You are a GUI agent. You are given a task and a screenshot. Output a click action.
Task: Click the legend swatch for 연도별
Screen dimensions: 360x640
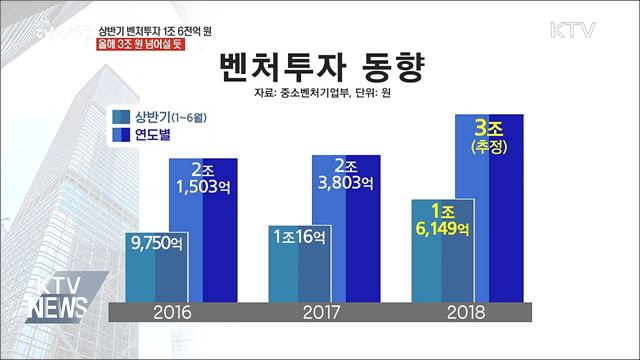pyautogui.click(x=124, y=138)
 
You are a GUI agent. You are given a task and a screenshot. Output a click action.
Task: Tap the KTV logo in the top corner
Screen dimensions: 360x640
pyautogui.click(x=573, y=28)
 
